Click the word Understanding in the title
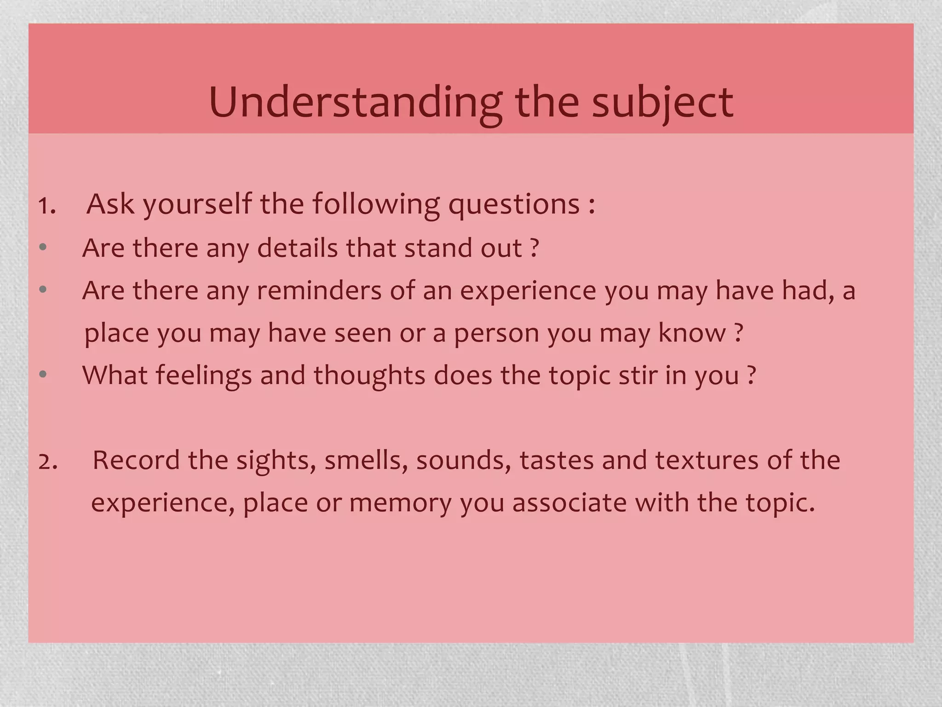[x=355, y=103]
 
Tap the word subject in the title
[x=662, y=103]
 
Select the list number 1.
[x=47, y=205]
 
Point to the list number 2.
[x=48, y=462]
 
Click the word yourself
[x=198, y=204]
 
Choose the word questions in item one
[x=514, y=204]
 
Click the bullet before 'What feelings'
[x=43, y=375]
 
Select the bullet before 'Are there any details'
[x=43, y=248]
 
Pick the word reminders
[x=319, y=290]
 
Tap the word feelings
[x=204, y=375]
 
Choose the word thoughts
[x=369, y=375]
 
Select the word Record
[x=136, y=460]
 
